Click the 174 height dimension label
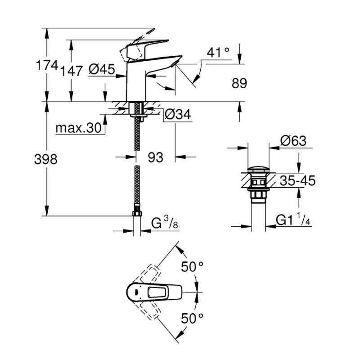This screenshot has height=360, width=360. (x=46, y=66)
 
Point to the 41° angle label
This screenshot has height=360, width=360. (x=218, y=53)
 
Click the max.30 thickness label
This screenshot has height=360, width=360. (x=78, y=129)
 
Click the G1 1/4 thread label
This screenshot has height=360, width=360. (x=294, y=220)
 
